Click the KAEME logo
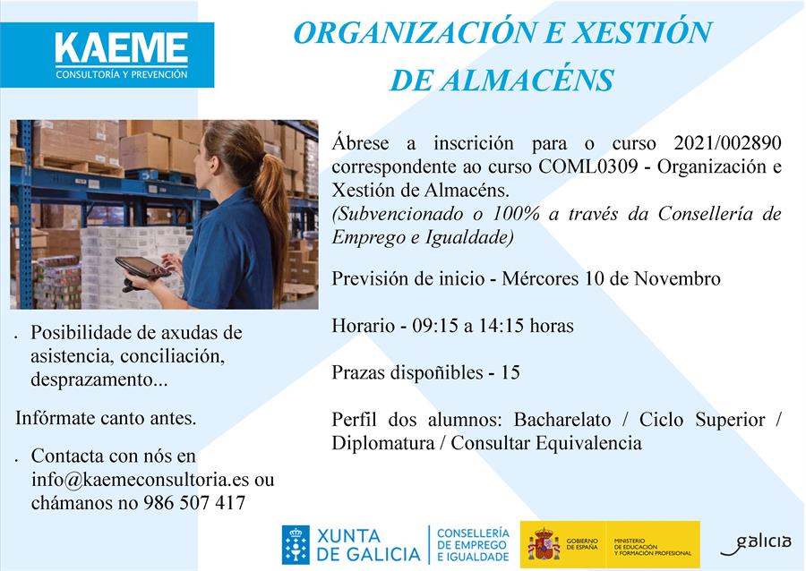point(107,55)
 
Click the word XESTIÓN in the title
point(642,32)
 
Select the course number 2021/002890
point(727,143)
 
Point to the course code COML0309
point(588,166)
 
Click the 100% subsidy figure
point(516,214)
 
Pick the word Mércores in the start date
point(540,279)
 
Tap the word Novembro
point(677,279)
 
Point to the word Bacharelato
point(562,420)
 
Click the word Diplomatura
point(383,443)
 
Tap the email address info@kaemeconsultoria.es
point(141,480)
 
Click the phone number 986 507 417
point(194,503)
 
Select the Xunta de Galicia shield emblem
point(296,545)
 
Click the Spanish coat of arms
point(544,544)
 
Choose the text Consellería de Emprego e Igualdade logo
point(472,545)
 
